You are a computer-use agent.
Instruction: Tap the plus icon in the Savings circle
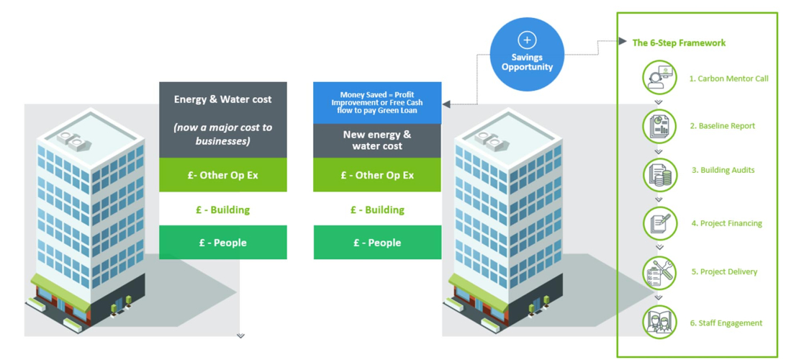point(527,40)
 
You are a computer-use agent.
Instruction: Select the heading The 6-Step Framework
point(679,42)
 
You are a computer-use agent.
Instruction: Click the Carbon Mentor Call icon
point(659,78)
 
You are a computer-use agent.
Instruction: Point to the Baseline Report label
point(722,125)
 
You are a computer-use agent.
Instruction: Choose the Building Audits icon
point(659,174)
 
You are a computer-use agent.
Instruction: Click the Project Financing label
point(726,223)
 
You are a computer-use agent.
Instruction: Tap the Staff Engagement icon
point(659,322)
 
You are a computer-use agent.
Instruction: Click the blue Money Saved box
point(376,102)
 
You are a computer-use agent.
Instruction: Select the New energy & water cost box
point(376,140)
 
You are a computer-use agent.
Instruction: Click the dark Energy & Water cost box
point(223,120)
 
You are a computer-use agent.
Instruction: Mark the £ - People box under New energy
point(377,243)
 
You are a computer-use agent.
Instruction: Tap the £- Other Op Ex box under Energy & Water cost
point(223,175)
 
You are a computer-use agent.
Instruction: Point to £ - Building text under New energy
point(377,210)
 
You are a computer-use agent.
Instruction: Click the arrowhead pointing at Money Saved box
point(446,104)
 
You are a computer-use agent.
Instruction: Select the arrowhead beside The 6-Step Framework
point(623,42)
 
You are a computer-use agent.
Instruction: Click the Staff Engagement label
point(726,323)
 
